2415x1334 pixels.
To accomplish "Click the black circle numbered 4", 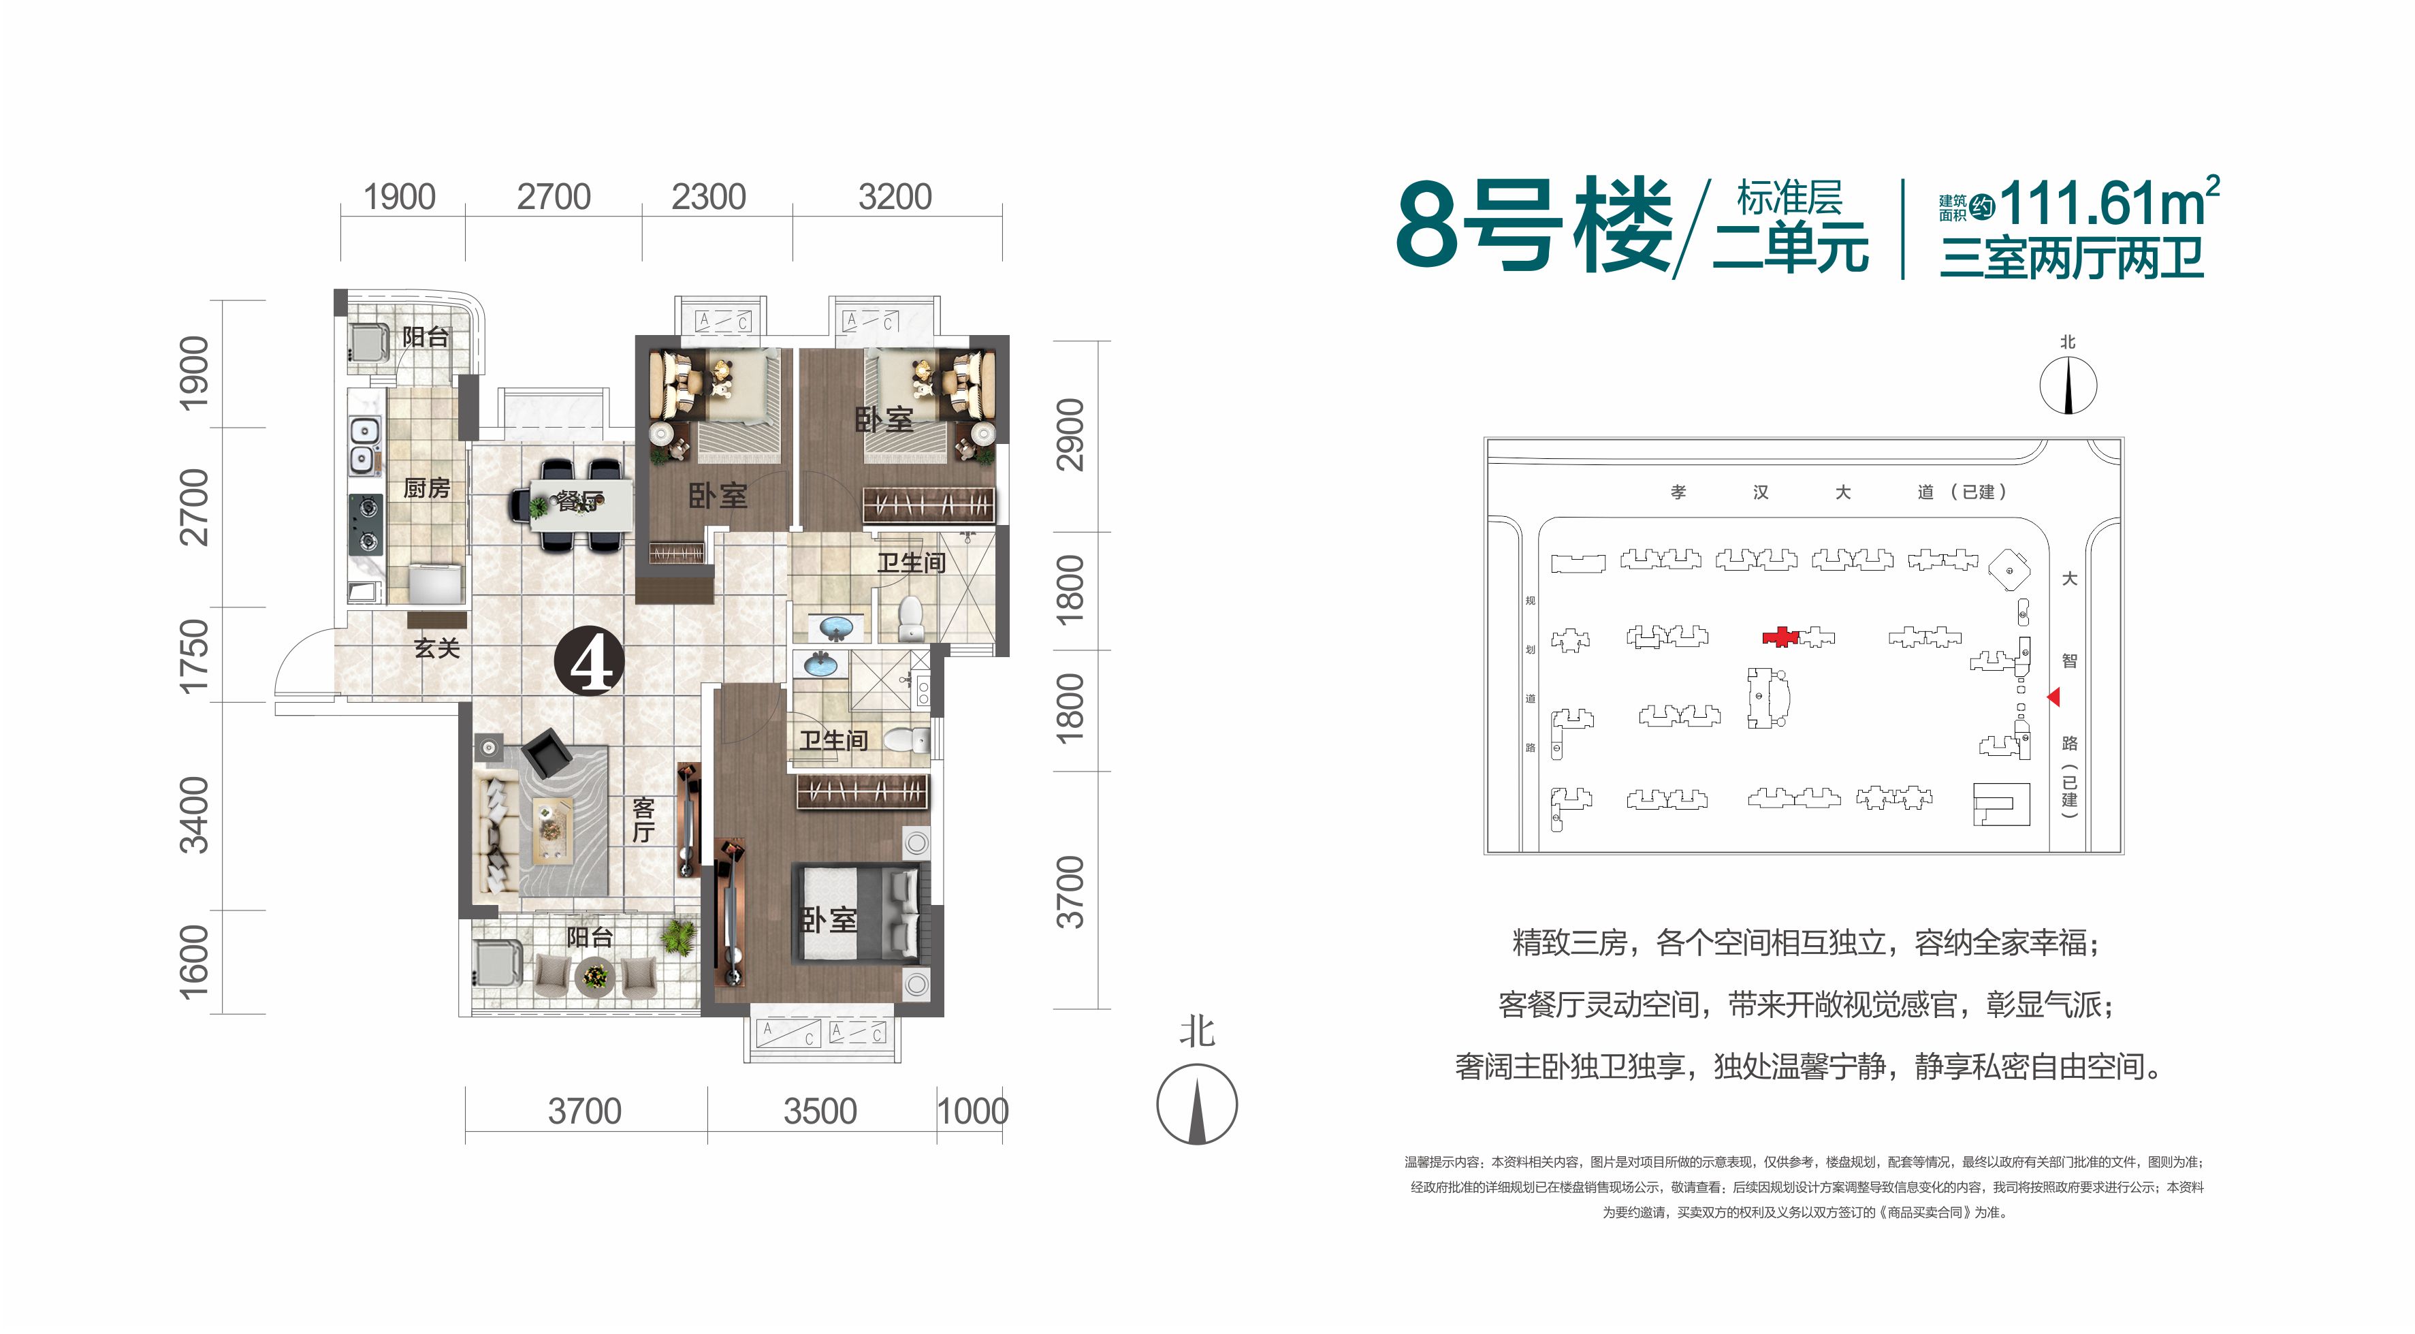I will pyautogui.click(x=590, y=663).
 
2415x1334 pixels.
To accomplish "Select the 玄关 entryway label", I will pyautogui.click(x=437, y=648).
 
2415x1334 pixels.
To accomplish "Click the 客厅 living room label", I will pyautogui.click(x=643, y=819).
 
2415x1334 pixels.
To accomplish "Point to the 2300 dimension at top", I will pyautogui.click(x=708, y=197).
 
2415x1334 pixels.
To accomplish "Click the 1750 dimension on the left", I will pyautogui.click(x=193, y=655).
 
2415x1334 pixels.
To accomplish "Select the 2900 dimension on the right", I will pyautogui.click(x=1070, y=435).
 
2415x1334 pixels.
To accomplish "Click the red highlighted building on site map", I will pyautogui.click(x=1779, y=637).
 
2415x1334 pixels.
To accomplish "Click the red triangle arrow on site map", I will pyautogui.click(x=2053, y=697).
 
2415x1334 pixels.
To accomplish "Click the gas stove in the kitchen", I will pyautogui.click(x=366, y=524).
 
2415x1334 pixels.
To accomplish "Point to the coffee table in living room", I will pyautogui.click(x=552, y=829).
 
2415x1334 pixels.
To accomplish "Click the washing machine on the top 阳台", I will pyautogui.click(x=368, y=342).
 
